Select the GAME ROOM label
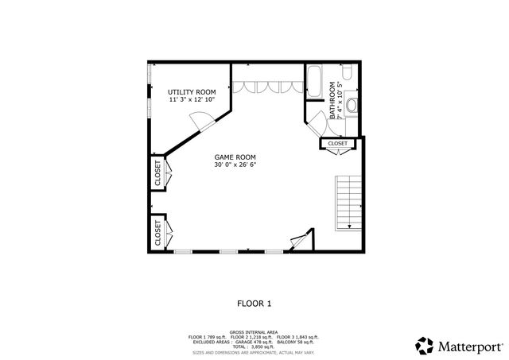[x=235, y=157]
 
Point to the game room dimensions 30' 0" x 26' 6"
[x=235, y=165]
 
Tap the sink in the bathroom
[x=351, y=106]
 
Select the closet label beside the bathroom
[x=338, y=143]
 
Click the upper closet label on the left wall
[x=157, y=173]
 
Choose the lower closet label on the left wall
[x=157, y=232]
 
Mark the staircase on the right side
[x=347, y=201]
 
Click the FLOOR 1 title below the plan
[x=254, y=303]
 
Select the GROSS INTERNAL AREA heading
[x=254, y=332]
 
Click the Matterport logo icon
[x=425, y=346]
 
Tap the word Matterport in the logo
[x=468, y=346]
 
